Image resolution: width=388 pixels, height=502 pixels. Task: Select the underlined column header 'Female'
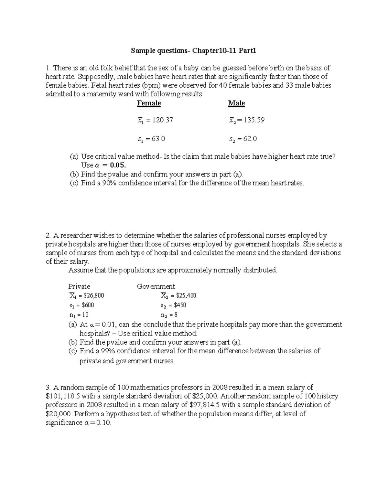(149, 103)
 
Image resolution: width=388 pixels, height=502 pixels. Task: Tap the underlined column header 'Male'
(236, 103)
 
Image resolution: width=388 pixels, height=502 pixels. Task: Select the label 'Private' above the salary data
(79, 286)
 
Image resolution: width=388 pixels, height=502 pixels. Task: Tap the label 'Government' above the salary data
(156, 286)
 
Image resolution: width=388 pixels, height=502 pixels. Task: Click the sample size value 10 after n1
(85, 315)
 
